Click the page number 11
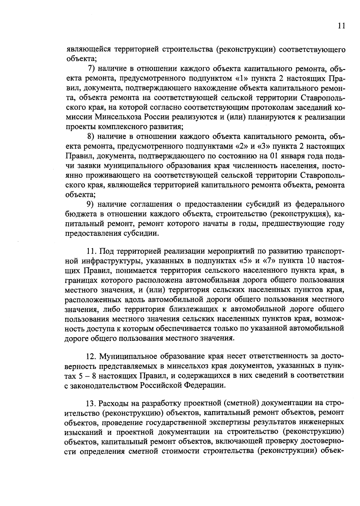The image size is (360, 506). point(341,26)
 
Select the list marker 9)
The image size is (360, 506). point(91,204)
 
